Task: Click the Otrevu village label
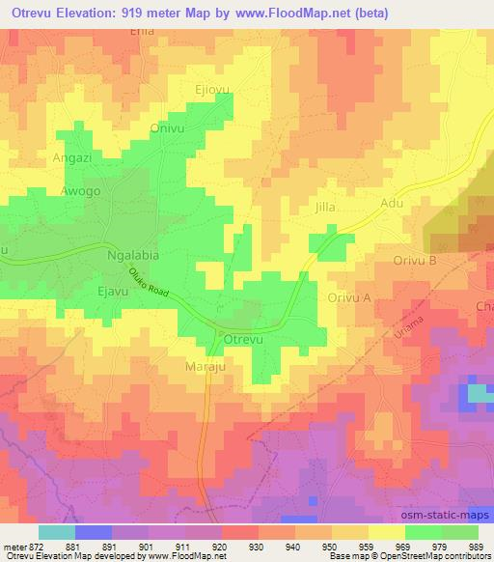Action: [245, 341]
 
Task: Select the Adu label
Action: [392, 204]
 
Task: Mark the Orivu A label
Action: [349, 298]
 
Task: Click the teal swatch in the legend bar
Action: [56, 532]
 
